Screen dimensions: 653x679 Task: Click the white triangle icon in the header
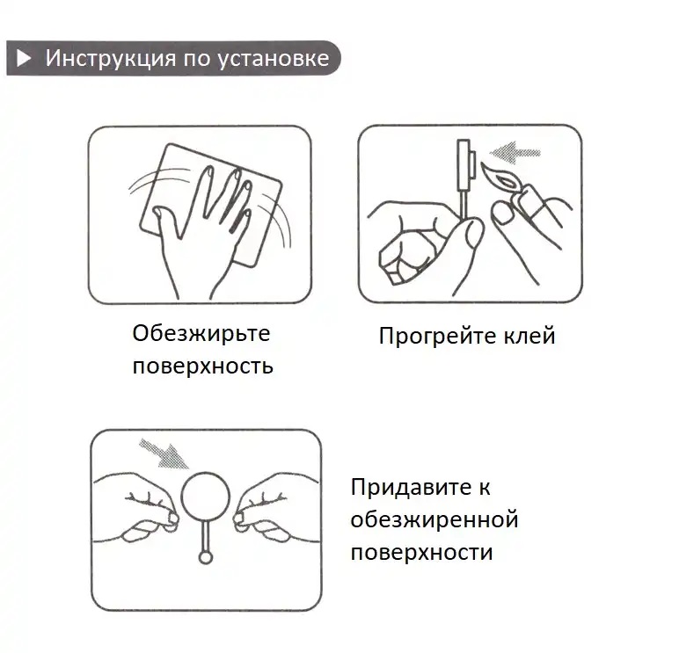click(x=25, y=59)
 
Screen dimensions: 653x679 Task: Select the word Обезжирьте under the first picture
click(x=201, y=334)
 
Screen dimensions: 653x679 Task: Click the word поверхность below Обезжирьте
click(x=202, y=366)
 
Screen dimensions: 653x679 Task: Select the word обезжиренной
click(x=434, y=519)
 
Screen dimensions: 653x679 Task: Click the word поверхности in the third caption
click(x=421, y=552)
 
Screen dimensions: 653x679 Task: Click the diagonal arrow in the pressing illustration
click(x=164, y=454)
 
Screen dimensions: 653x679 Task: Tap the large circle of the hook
click(x=206, y=497)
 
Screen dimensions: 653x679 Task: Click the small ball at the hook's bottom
click(x=206, y=557)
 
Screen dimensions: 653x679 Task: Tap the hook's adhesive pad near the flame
click(x=467, y=168)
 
